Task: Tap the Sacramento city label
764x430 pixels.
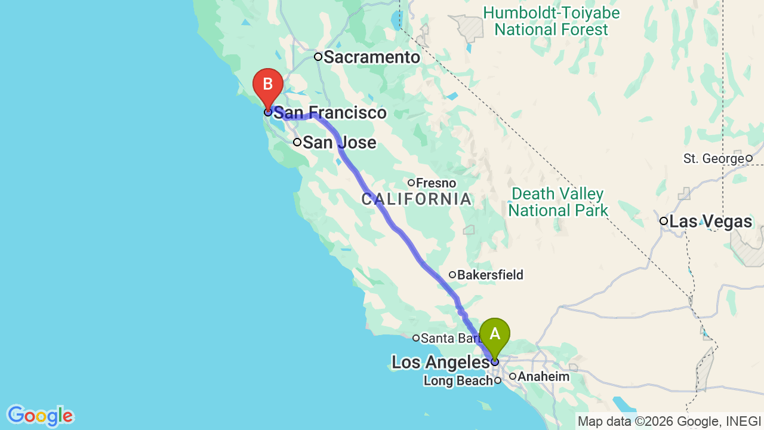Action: click(x=372, y=57)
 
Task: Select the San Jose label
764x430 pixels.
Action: click(x=339, y=143)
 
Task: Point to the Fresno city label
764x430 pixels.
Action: click(x=436, y=183)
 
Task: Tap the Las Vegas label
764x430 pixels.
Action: click(x=710, y=222)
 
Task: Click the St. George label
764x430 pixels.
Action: click(x=714, y=159)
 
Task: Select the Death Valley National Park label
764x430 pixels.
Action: click(x=558, y=202)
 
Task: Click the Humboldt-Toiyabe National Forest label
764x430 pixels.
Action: click(x=552, y=21)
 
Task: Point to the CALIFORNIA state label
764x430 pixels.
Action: click(x=416, y=199)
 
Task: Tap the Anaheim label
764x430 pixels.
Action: click(x=543, y=377)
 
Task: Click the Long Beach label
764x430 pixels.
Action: click(x=458, y=380)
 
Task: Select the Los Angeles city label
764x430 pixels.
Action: click(x=440, y=362)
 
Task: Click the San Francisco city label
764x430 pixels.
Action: click(x=330, y=113)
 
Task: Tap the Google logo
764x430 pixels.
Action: click(x=40, y=416)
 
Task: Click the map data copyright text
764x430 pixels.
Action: click(x=669, y=422)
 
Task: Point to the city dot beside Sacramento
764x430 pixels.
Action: click(x=318, y=57)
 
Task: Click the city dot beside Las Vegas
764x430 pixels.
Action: click(x=663, y=221)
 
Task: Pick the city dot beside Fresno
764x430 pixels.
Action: click(x=411, y=183)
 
